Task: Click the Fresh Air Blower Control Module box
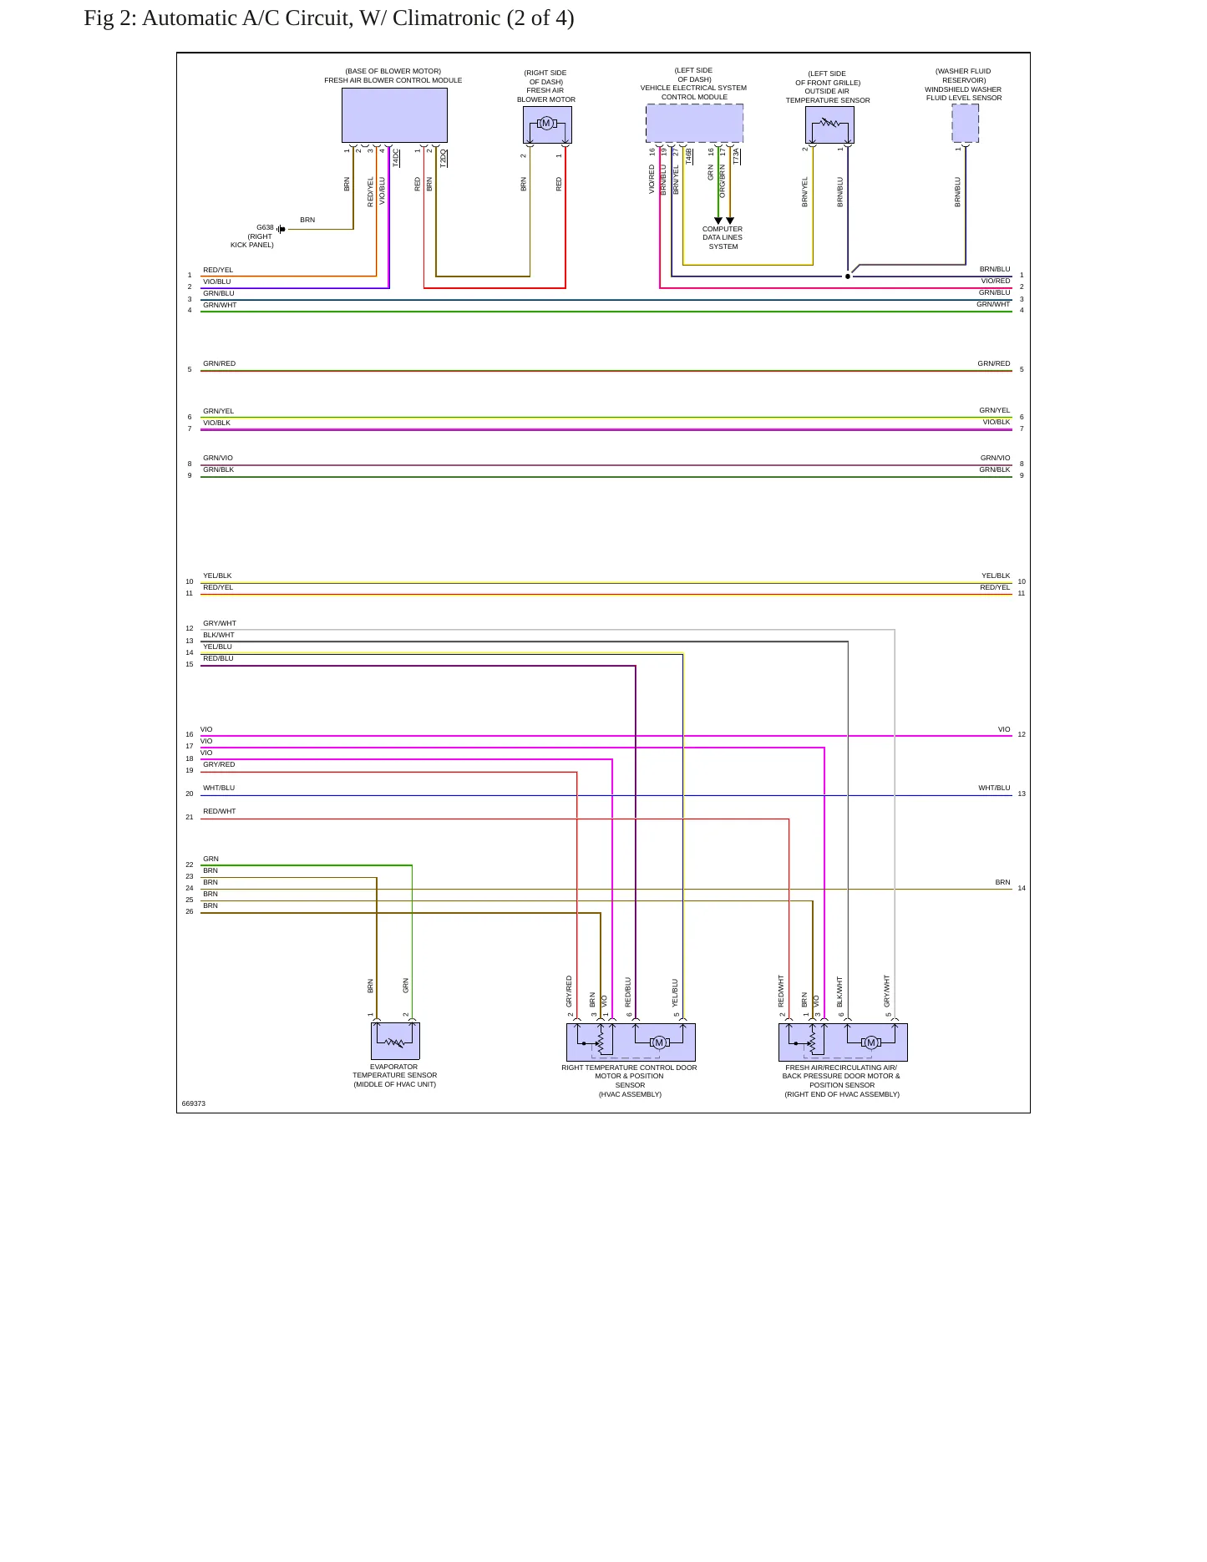click(394, 115)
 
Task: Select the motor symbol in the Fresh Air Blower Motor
click(546, 124)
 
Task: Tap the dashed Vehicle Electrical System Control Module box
click(694, 123)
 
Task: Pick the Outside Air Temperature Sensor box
click(829, 124)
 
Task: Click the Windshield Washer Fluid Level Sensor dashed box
click(966, 123)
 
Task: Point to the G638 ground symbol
click(281, 229)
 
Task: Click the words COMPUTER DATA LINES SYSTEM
click(723, 238)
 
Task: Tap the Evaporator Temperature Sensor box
click(395, 1041)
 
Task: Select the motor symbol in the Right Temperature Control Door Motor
click(659, 1042)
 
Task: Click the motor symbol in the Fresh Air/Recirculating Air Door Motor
click(871, 1042)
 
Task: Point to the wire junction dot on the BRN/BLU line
click(848, 276)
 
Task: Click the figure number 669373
click(194, 1103)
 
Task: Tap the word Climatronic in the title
click(446, 18)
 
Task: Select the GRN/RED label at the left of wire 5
click(219, 363)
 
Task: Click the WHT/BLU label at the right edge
click(994, 788)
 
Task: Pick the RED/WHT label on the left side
click(219, 811)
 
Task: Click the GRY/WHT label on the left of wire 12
click(220, 623)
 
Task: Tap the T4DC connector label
click(396, 158)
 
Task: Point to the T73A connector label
click(736, 156)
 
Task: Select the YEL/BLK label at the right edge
click(996, 576)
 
